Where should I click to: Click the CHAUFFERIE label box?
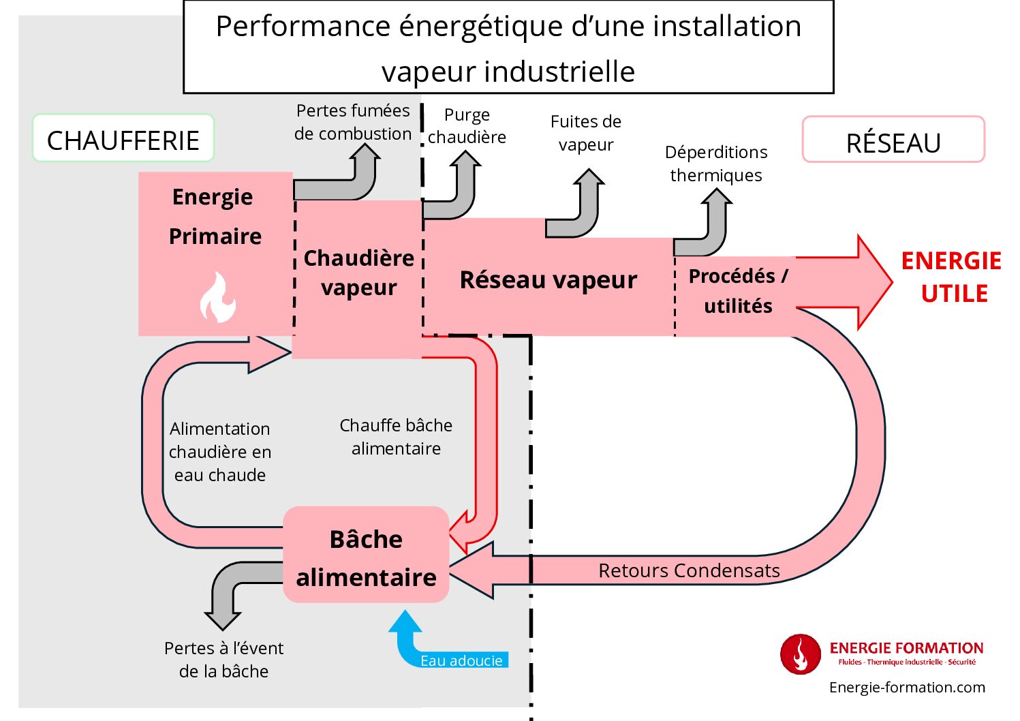click(x=123, y=139)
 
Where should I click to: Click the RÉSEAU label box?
click(x=893, y=141)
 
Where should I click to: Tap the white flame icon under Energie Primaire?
click(x=218, y=298)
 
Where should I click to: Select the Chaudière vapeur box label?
click(x=359, y=273)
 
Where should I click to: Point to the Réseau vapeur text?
click(x=548, y=280)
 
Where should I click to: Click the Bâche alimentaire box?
click(x=366, y=557)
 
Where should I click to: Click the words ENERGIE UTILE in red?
click(x=952, y=277)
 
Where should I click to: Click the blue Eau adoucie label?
click(x=461, y=660)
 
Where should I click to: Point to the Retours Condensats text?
click(x=689, y=570)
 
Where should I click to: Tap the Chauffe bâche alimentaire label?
click(x=396, y=437)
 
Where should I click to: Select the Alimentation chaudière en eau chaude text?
click(x=219, y=452)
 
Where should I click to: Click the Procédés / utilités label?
click(x=739, y=291)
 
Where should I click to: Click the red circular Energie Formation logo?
click(x=800, y=654)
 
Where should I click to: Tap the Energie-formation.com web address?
click(x=907, y=687)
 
